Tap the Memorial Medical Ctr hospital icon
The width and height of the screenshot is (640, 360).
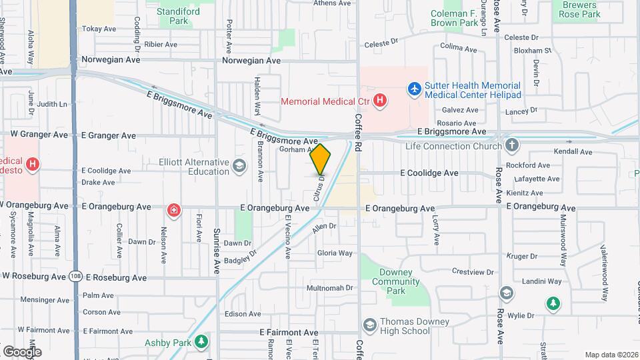coord(379,101)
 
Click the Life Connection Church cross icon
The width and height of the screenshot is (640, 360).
coord(512,145)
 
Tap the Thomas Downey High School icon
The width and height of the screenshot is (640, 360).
coord(369,326)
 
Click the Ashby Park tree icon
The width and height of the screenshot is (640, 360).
coord(201,343)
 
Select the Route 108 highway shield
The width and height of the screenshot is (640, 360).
coord(75,277)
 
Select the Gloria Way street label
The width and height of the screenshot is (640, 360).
coord(335,253)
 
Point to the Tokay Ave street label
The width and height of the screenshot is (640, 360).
coord(99,29)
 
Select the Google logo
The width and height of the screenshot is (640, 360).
coord(22,351)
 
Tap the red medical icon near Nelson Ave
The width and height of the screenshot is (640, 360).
coord(174,211)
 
